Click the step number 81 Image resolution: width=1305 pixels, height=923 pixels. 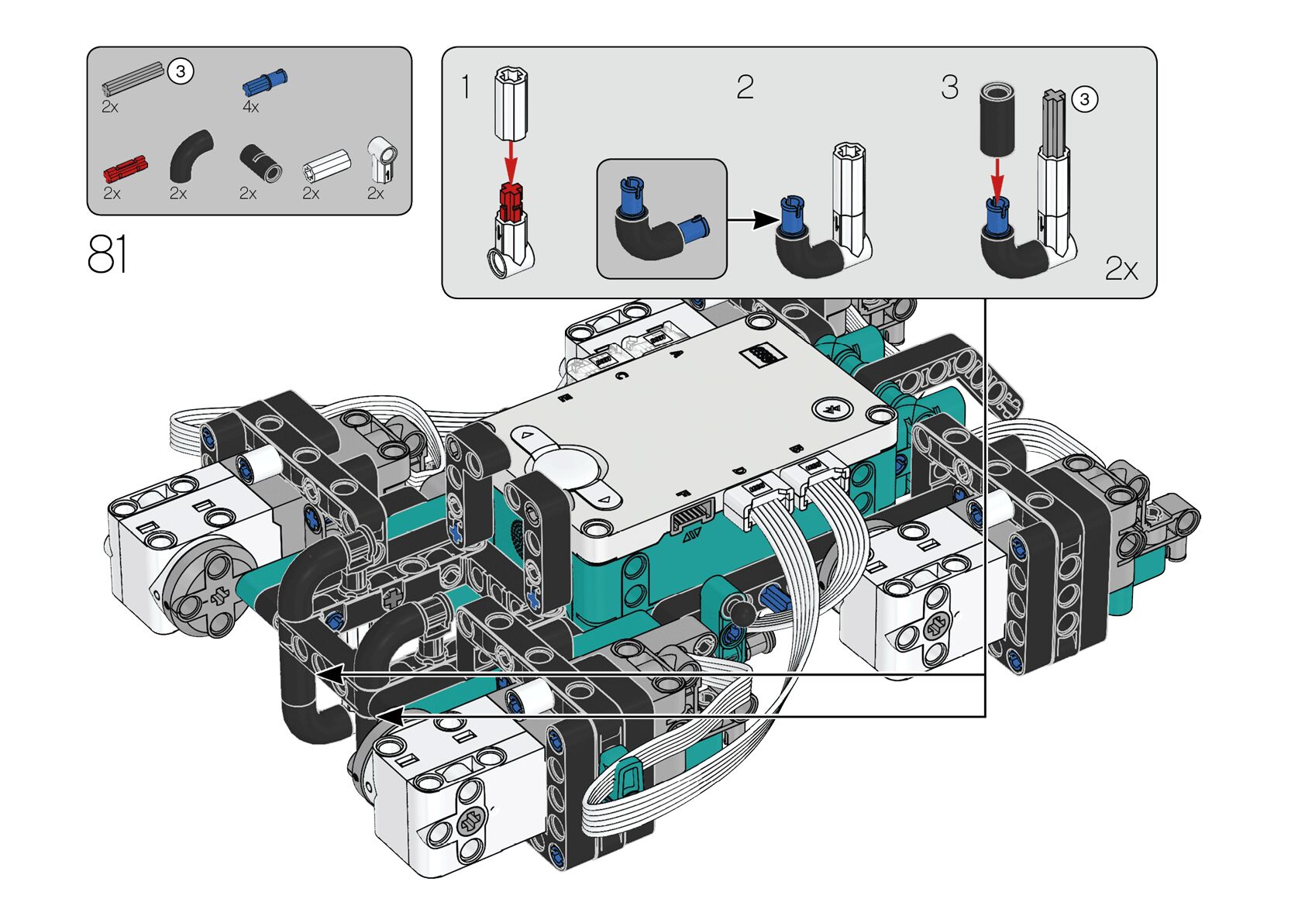(107, 254)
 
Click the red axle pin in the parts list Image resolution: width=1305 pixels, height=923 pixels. (125, 167)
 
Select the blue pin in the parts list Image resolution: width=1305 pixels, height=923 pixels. (265, 81)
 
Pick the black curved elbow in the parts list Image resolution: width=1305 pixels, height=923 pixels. (191, 154)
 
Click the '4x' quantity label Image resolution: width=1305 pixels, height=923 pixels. (250, 107)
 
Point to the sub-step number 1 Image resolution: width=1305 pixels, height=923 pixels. (466, 87)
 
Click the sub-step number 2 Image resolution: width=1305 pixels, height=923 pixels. (745, 87)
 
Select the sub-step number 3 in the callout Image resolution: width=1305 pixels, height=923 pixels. (949, 87)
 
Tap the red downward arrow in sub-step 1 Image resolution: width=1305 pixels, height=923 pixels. (510, 160)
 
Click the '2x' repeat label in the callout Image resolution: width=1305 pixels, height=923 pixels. (1121, 269)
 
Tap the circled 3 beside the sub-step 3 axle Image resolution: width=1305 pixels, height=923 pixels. (1085, 99)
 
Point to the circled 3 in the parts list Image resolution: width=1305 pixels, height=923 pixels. (181, 71)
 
